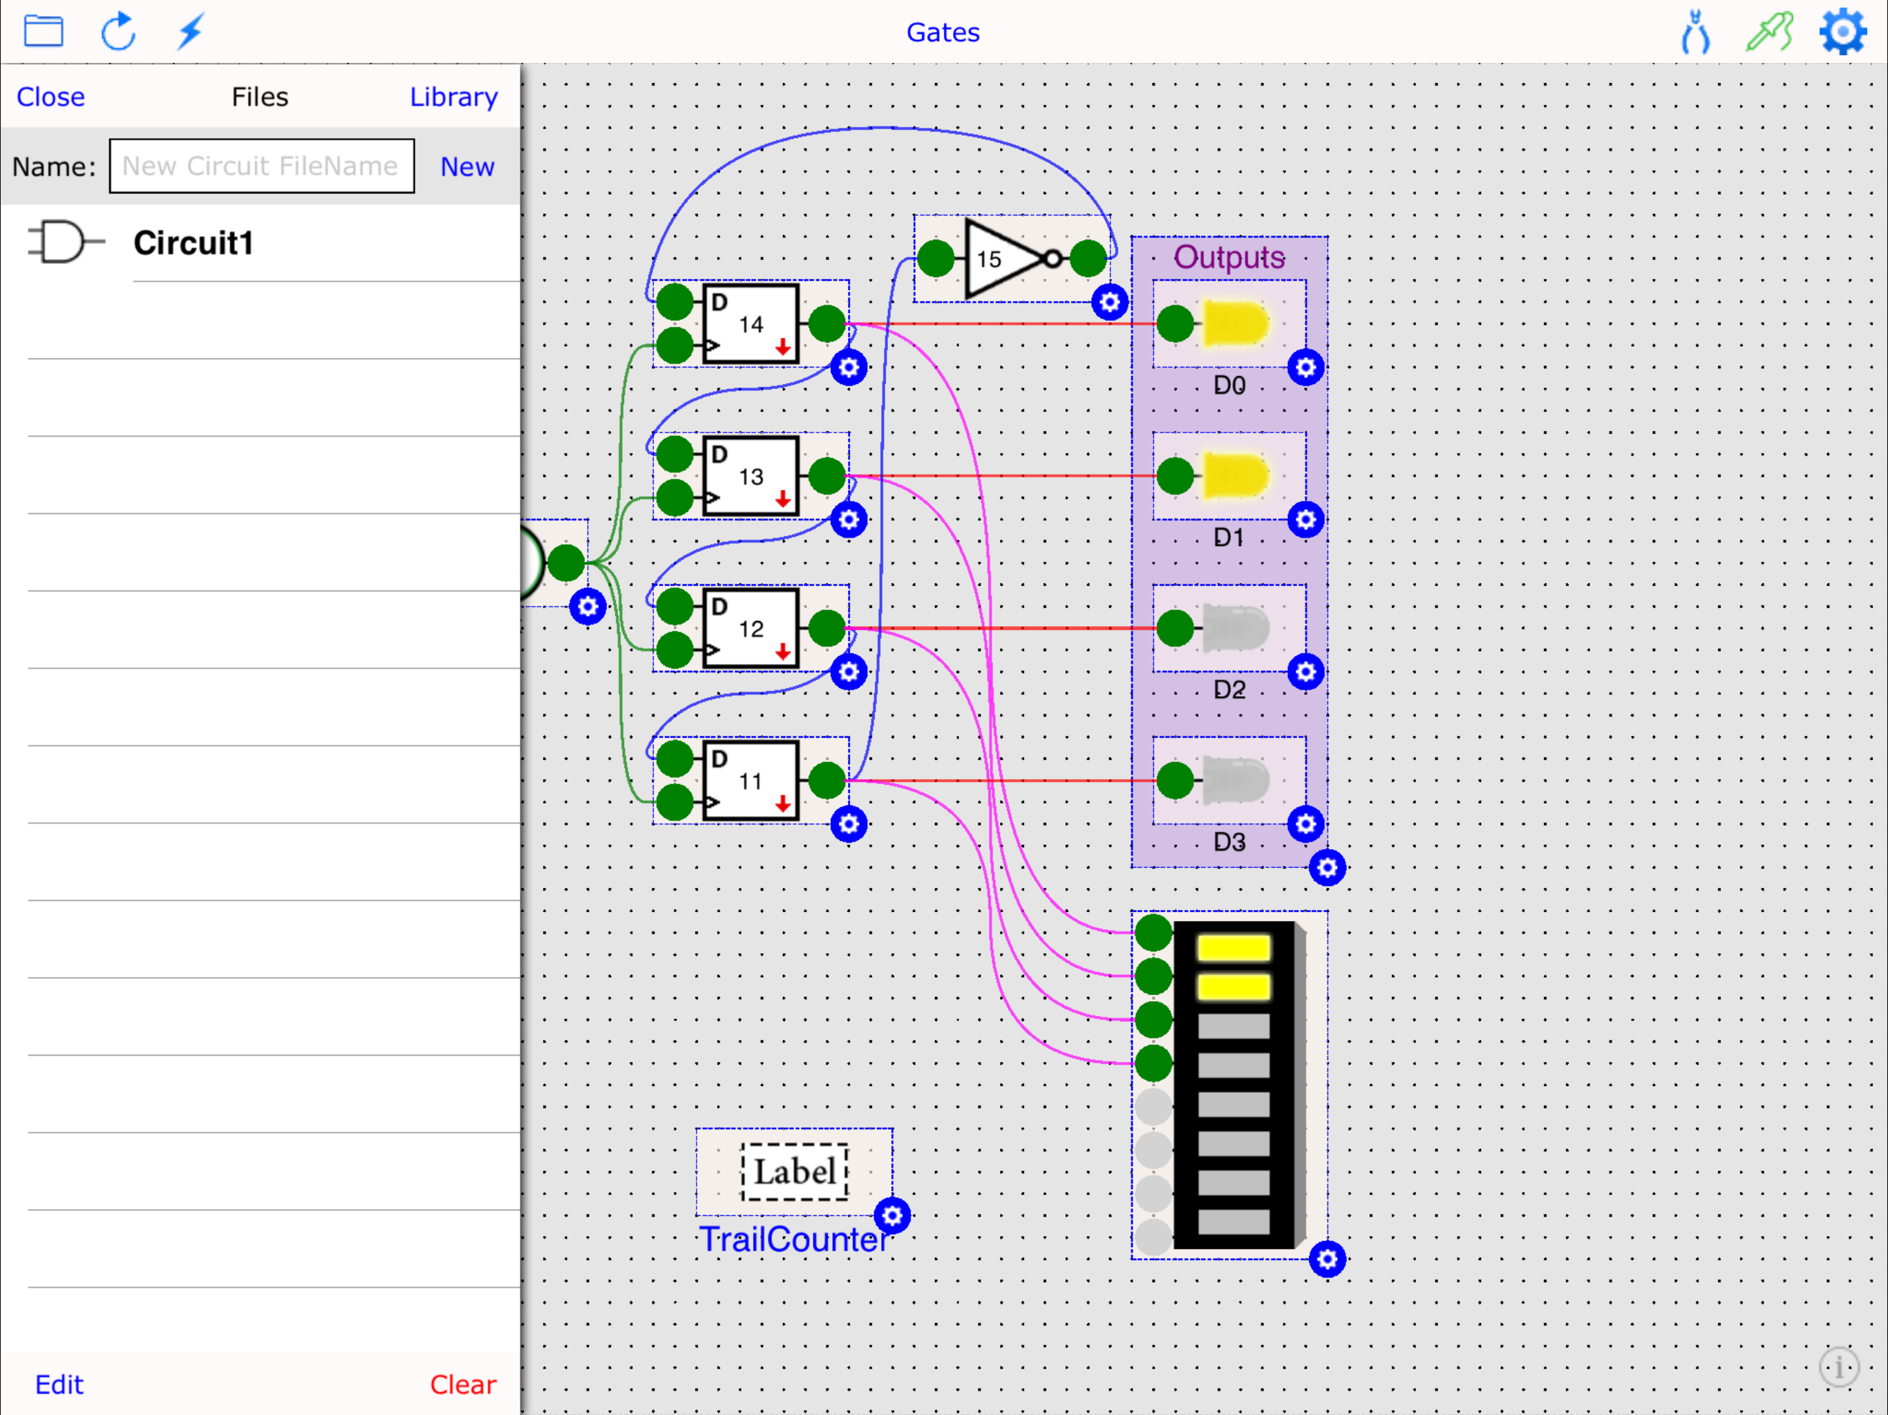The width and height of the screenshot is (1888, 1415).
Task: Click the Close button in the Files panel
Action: (x=50, y=97)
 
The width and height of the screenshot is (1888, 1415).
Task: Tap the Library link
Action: (x=453, y=97)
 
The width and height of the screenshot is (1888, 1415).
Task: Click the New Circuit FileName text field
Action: (x=261, y=166)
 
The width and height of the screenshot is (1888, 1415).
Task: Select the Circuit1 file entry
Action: (x=193, y=243)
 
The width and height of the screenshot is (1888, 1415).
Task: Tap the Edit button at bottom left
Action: (x=59, y=1383)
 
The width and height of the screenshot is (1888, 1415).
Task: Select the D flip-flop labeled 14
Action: (x=751, y=323)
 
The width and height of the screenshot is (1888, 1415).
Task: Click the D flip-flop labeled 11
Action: (x=751, y=780)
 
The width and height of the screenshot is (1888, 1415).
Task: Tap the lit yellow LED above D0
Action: (x=1234, y=323)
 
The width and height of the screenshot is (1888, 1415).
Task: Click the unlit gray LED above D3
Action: (x=1234, y=780)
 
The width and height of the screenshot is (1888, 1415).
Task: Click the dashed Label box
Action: (x=794, y=1171)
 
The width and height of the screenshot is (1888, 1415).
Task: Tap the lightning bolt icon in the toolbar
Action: (x=189, y=32)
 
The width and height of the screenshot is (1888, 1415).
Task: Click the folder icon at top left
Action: (x=44, y=32)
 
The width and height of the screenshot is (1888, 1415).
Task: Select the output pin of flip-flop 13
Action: (x=827, y=475)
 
